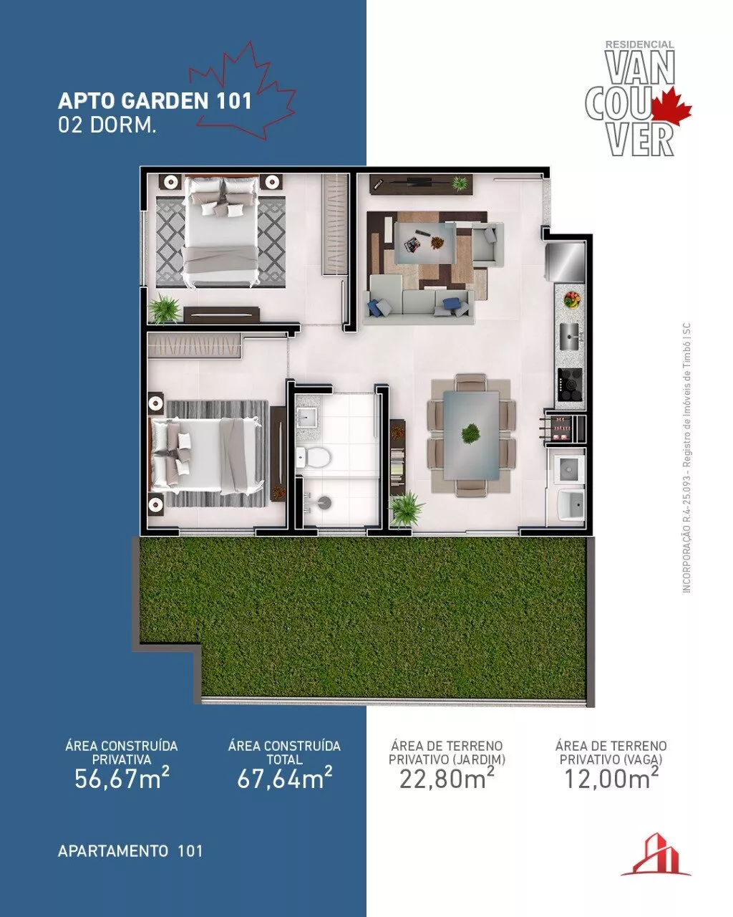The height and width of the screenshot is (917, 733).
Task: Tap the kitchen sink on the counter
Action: [569, 336]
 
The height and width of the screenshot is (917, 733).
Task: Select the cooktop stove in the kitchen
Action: [570, 384]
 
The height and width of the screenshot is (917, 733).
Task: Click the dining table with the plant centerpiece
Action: [470, 435]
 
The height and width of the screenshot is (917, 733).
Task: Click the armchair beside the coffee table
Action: [485, 244]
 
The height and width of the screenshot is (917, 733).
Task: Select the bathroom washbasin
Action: [306, 416]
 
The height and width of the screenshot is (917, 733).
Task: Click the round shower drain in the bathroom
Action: [324, 503]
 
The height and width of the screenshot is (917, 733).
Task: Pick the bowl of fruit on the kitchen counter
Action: [572, 299]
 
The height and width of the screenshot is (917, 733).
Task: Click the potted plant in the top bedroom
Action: [163, 307]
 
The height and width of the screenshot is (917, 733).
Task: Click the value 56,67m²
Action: [122, 777]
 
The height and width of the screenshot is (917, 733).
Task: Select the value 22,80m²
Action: [447, 777]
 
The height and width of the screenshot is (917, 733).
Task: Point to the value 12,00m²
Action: [611, 777]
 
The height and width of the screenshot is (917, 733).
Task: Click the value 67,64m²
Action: [284, 777]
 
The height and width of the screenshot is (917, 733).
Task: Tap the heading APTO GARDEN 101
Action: [155, 100]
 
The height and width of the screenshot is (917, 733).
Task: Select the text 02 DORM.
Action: [107, 125]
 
